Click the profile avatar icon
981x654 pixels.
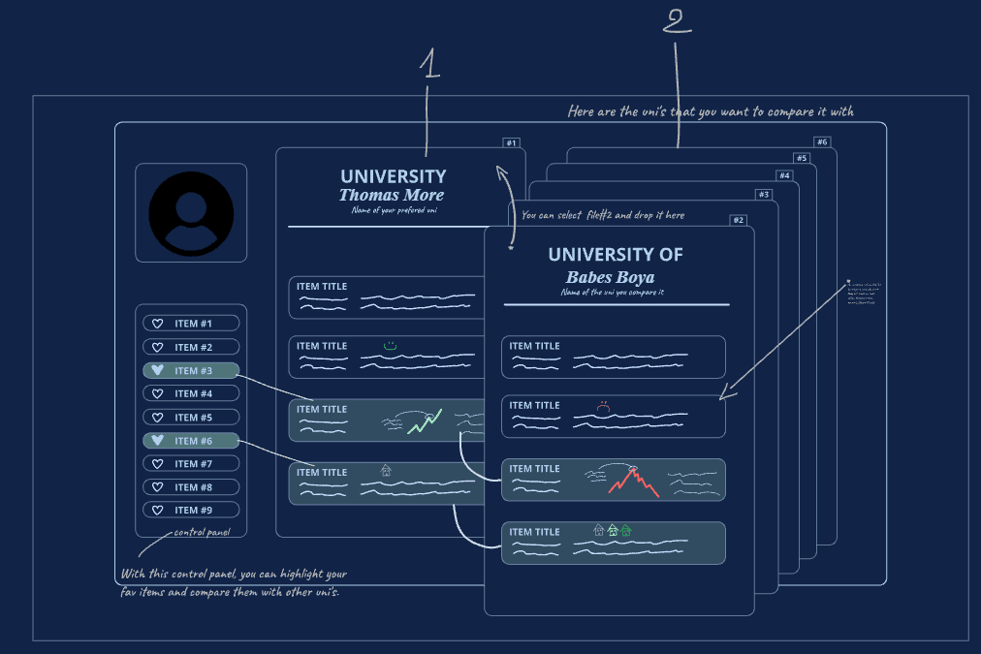click(191, 213)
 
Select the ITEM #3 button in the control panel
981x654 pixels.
click(191, 370)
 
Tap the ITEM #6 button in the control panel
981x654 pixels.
click(191, 441)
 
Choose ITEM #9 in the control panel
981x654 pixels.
click(191, 511)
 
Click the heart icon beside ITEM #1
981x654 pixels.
click(158, 324)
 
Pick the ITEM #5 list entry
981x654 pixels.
click(191, 418)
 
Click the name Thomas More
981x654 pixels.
click(391, 196)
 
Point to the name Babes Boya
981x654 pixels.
click(611, 277)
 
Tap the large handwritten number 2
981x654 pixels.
click(677, 20)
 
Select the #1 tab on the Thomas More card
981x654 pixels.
click(511, 143)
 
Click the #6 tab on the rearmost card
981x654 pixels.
click(822, 142)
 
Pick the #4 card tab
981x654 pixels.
click(784, 175)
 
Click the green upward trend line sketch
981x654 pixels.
click(425, 421)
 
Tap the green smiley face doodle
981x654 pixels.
click(390, 346)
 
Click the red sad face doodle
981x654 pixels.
click(603, 407)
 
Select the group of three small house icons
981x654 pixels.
click(612, 531)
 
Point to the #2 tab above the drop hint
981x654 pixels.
click(738, 220)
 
